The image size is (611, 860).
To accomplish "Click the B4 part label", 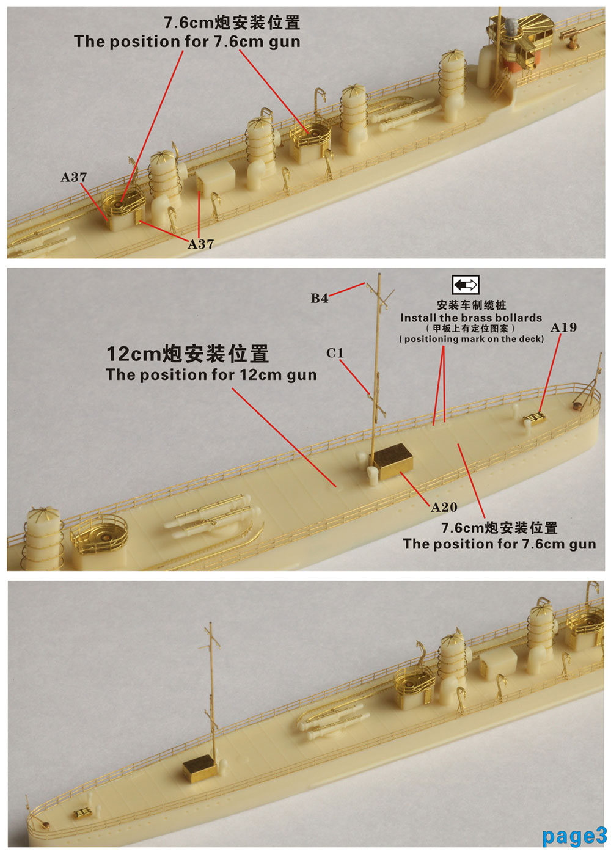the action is pyautogui.click(x=319, y=298).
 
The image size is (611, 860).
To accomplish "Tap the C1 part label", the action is pyautogui.click(x=334, y=353).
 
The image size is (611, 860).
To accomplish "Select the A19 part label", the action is pyautogui.click(x=563, y=327).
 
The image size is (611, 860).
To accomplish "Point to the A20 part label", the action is pyautogui.click(x=444, y=508).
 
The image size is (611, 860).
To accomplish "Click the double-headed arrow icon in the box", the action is pyautogui.click(x=466, y=285).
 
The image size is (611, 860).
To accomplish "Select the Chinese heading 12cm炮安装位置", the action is pyautogui.click(x=188, y=354).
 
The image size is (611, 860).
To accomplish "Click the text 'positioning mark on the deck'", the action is pyautogui.click(x=472, y=340).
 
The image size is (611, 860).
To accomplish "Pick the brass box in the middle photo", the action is pyautogui.click(x=392, y=462).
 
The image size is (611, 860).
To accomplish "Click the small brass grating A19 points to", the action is pyautogui.click(x=535, y=418).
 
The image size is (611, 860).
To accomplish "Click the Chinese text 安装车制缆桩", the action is pyautogui.click(x=471, y=305).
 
